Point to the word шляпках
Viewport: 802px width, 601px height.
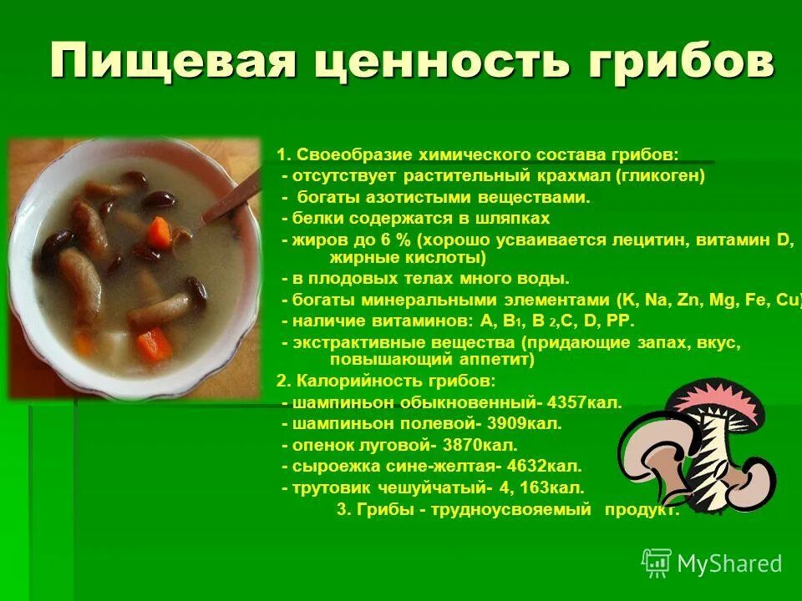[515, 218]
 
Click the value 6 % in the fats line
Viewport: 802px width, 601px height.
[379, 240]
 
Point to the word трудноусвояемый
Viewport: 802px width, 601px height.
[511, 510]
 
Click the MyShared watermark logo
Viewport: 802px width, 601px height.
[712, 563]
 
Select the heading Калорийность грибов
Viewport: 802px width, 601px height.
[393, 381]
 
